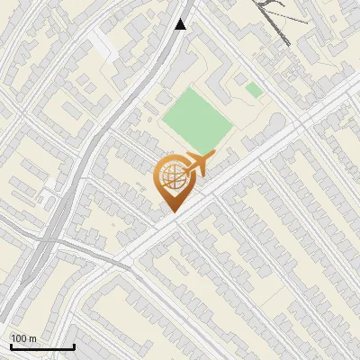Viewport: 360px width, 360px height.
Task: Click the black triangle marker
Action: point(181,24)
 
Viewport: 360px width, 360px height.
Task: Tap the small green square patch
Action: point(254,90)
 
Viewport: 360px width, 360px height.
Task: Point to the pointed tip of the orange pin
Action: point(170,212)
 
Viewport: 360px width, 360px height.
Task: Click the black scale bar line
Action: point(42,346)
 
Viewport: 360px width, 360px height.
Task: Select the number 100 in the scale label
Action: point(20,338)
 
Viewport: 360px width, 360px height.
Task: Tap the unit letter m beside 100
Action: point(32,339)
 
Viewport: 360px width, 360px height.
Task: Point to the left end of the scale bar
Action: point(11,346)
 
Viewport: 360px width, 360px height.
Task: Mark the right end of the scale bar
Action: point(74,346)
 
